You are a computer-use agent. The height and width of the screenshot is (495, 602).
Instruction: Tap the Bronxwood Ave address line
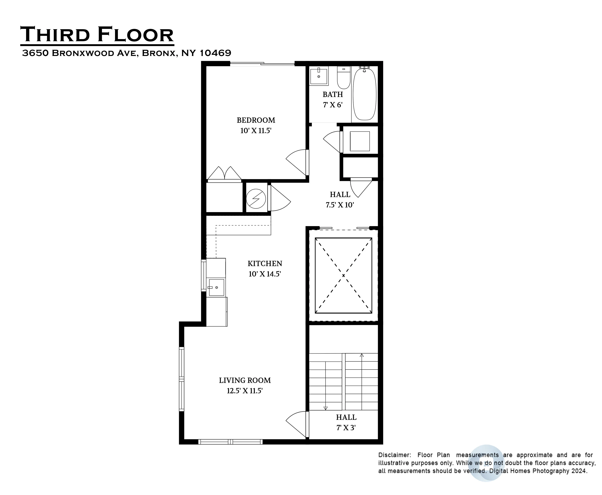[127, 53]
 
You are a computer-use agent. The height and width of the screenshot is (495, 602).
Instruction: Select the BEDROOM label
[256, 120]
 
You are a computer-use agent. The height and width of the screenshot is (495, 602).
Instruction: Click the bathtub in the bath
[364, 94]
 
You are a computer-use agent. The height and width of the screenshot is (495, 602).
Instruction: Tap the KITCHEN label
[265, 263]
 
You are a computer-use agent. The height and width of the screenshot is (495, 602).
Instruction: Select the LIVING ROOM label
[245, 380]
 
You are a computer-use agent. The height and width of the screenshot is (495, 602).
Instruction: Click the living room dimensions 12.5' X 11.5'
[245, 391]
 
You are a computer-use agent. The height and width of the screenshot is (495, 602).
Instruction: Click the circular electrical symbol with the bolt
[256, 199]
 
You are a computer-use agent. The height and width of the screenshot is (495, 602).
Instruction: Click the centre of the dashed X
[343, 275]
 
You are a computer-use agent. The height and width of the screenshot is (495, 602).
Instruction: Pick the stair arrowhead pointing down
[326, 408]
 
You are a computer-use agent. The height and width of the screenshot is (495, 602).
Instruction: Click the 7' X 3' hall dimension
[346, 428]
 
